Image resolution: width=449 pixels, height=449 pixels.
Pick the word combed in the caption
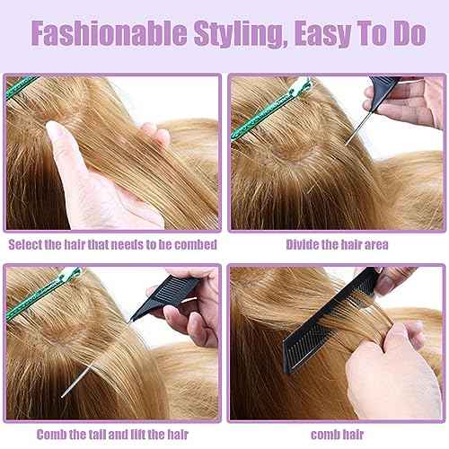tap(193, 243)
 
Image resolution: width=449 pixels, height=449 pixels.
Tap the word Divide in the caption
tap(303, 243)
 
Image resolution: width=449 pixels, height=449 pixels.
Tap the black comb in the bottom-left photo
tap(171, 287)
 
